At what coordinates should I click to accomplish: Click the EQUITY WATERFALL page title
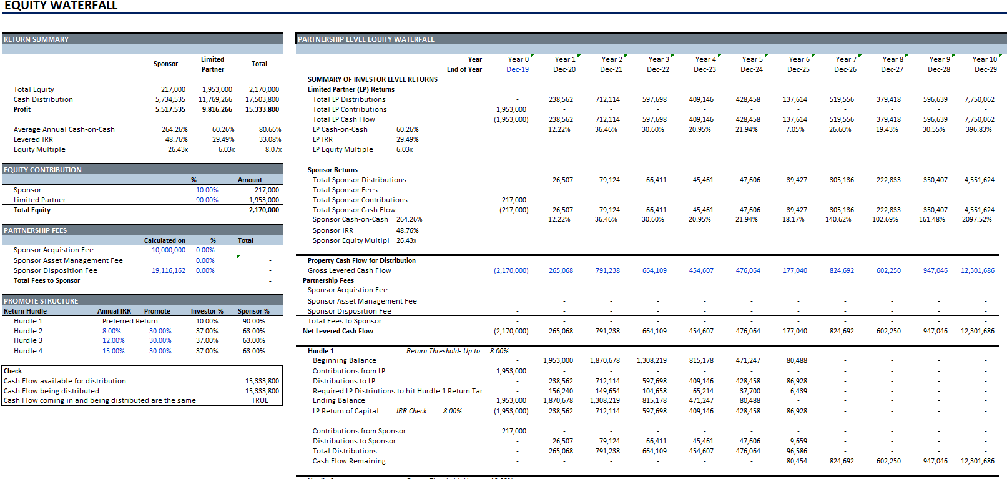(61, 6)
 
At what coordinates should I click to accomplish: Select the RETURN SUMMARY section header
(36, 39)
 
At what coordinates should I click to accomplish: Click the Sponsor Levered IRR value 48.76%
(177, 139)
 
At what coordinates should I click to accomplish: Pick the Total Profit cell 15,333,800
(262, 109)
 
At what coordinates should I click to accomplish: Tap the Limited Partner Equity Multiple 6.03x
(227, 149)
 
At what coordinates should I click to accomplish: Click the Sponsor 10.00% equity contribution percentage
(207, 190)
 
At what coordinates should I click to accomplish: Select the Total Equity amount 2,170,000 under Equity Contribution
(264, 210)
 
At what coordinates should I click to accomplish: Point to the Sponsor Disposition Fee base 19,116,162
(169, 270)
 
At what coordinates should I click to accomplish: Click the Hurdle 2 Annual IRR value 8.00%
(112, 331)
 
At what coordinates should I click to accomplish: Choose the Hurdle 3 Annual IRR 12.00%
(113, 340)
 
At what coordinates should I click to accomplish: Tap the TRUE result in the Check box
(260, 400)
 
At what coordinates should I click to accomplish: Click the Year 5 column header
(752, 59)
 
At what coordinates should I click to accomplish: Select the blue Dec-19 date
(518, 69)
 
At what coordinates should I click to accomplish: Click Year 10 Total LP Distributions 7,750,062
(979, 99)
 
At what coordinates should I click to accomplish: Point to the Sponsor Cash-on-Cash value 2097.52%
(976, 219)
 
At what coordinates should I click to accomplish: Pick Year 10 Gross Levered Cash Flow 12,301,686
(978, 270)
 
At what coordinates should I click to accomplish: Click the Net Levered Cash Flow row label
(338, 331)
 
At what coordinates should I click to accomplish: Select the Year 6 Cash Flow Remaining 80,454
(797, 461)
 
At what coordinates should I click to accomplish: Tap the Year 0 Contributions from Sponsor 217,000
(514, 431)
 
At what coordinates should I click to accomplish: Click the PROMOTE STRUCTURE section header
(41, 301)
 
